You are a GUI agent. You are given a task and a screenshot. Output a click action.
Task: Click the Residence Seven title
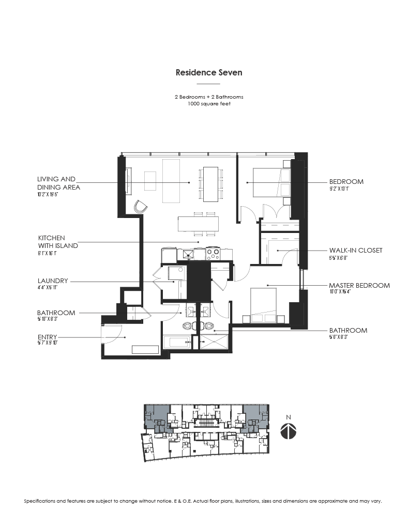[x=208, y=73]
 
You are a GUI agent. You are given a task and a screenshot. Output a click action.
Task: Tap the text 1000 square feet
[x=208, y=104]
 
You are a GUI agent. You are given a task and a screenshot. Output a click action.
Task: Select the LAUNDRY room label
[x=52, y=281]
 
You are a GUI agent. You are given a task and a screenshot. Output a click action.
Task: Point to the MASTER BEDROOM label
[x=359, y=285]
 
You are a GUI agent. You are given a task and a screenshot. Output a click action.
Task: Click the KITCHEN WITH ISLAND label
[x=58, y=242]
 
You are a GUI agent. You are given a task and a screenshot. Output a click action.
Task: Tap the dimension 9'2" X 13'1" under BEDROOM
[x=342, y=189]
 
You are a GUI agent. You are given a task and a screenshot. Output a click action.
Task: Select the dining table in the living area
[x=210, y=183]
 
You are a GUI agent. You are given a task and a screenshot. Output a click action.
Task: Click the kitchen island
[x=198, y=223]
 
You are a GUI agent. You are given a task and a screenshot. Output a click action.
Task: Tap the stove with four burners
[x=213, y=254]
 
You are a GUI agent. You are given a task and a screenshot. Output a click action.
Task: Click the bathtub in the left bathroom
[x=176, y=342]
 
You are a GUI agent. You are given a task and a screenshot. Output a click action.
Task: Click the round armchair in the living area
[x=140, y=207]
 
